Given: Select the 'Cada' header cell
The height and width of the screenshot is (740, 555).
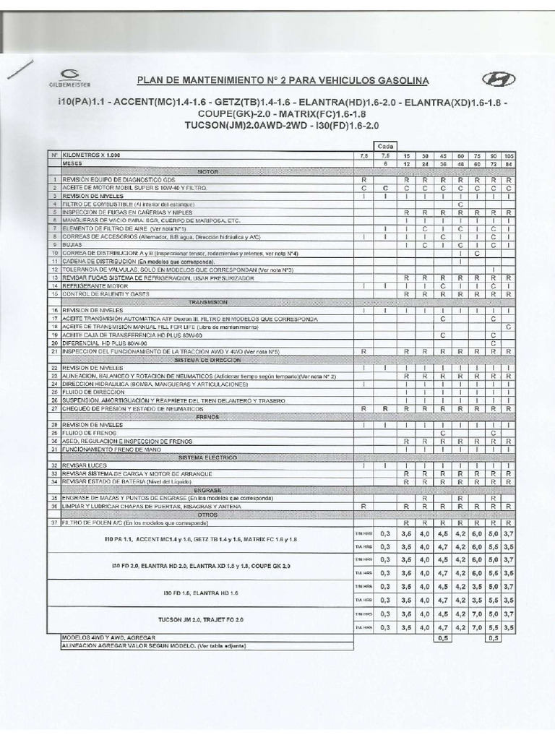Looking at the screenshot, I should click(x=384, y=145).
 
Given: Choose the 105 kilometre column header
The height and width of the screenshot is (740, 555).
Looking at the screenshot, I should click(x=509, y=155).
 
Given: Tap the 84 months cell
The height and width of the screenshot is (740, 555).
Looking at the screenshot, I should click(x=509, y=163).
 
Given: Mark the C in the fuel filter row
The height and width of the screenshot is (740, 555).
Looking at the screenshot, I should click(x=460, y=205).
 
